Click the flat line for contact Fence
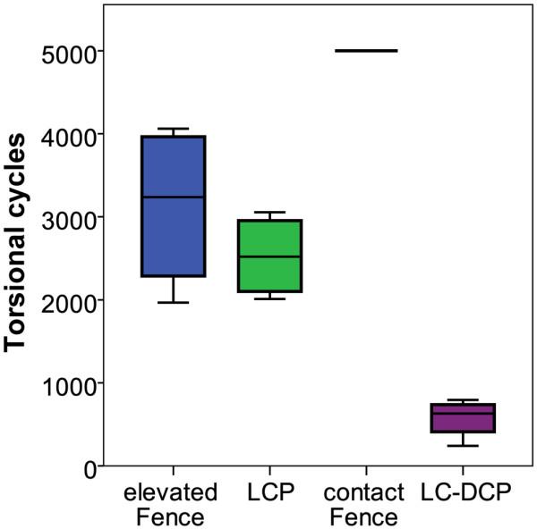click(x=366, y=51)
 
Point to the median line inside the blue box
click(x=173, y=197)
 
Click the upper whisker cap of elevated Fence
click(x=173, y=129)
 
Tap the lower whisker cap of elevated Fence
click(x=173, y=303)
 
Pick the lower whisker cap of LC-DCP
click(x=462, y=446)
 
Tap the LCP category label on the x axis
click(x=266, y=493)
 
